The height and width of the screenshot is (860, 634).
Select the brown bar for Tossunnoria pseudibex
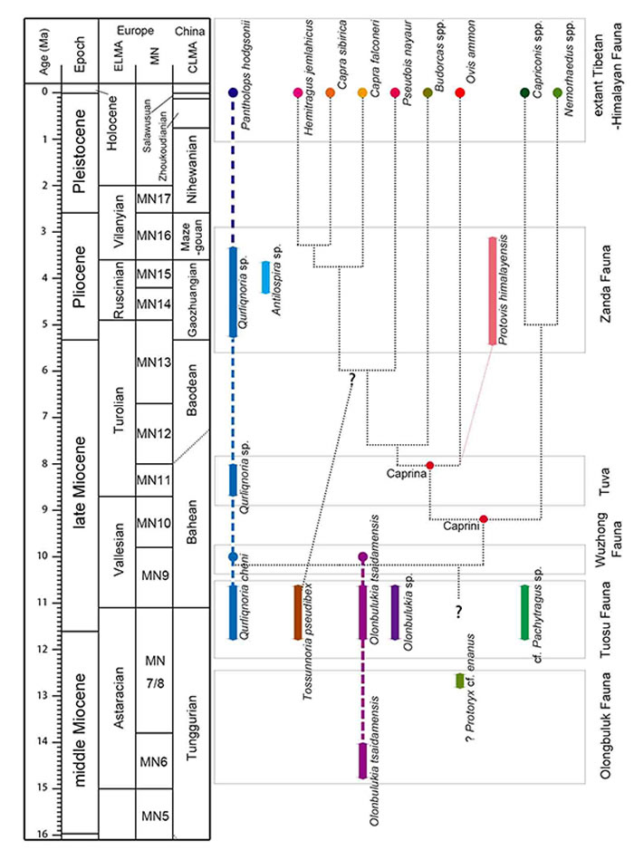click(x=297, y=613)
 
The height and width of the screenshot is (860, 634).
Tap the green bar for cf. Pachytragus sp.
click(x=524, y=613)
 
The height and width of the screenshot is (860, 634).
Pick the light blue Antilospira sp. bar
click(x=265, y=276)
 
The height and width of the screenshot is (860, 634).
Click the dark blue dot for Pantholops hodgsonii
click(x=233, y=93)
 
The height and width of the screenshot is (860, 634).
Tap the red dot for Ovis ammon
click(x=459, y=93)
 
